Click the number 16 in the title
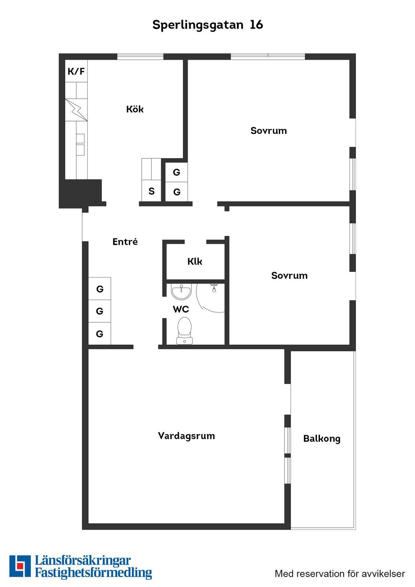[x=256, y=25]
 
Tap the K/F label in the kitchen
[x=76, y=71]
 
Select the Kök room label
[x=135, y=109]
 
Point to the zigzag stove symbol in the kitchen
[x=76, y=110]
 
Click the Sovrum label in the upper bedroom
[x=268, y=131]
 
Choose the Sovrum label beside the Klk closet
[x=289, y=275]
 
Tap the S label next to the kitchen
[x=151, y=191]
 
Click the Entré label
[x=125, y=242]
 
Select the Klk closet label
[x=195, y=262]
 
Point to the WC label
[x=181, y=309]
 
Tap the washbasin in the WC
[x=181, y=292]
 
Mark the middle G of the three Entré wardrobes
[x=99, y=311]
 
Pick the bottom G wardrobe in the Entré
[x=99, y=334]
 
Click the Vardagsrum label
[x=186, y=436]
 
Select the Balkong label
[x=322, y=439]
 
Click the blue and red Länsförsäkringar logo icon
[x=20, y=566]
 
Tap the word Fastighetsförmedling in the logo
[x=93, y=573]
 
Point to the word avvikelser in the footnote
[x=383, y=574]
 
